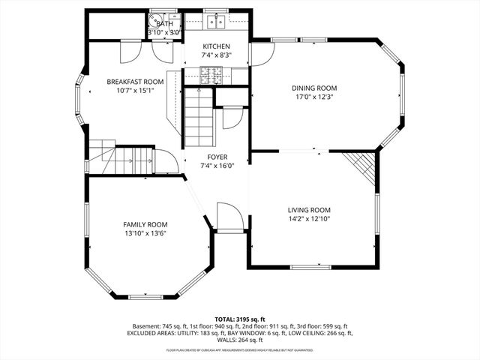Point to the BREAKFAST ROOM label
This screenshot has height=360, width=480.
(135, 82)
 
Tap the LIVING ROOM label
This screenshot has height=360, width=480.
(309, 210)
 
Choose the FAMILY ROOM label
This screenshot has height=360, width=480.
(145, 224)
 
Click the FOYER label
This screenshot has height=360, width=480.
(217, 157)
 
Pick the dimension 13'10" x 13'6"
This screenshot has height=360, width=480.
(145, 233)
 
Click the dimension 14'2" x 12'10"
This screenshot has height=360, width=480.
(309, 219)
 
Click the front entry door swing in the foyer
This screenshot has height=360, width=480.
(229, 217)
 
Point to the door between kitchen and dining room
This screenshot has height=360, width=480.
(261, 55)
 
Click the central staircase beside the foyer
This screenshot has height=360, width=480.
(199, 116)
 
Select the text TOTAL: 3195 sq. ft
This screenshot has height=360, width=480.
(240, 319)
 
